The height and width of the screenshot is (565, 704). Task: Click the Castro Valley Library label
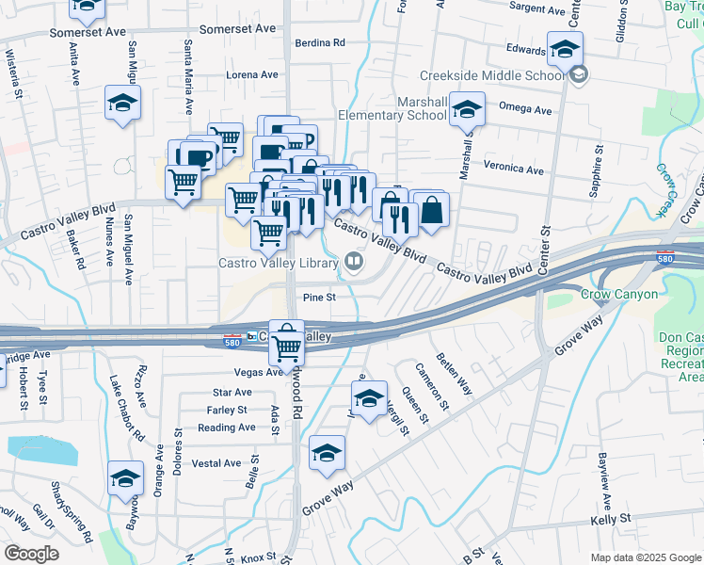pyautogui.click(x=278, y=264)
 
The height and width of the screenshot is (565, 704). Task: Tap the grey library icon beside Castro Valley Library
pyautogui.click(x=354, y=262)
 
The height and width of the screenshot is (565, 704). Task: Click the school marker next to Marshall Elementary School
pyautogui.click(x=467, y=110)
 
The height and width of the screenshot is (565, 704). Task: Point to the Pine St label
pyautogui.click(x=319, y=298)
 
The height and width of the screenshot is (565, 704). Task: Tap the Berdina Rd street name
pyautogui.click(x=320, y=43)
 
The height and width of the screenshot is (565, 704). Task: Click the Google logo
pyautogui.click(x=31, y=554)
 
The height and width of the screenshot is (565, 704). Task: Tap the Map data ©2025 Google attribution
pyautogui.click(x=646, y=557)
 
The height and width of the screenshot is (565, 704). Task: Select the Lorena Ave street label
pyautogui.click(x=253, y=74)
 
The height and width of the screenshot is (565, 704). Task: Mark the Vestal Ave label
pyautogui.click(x=216, y=463)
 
